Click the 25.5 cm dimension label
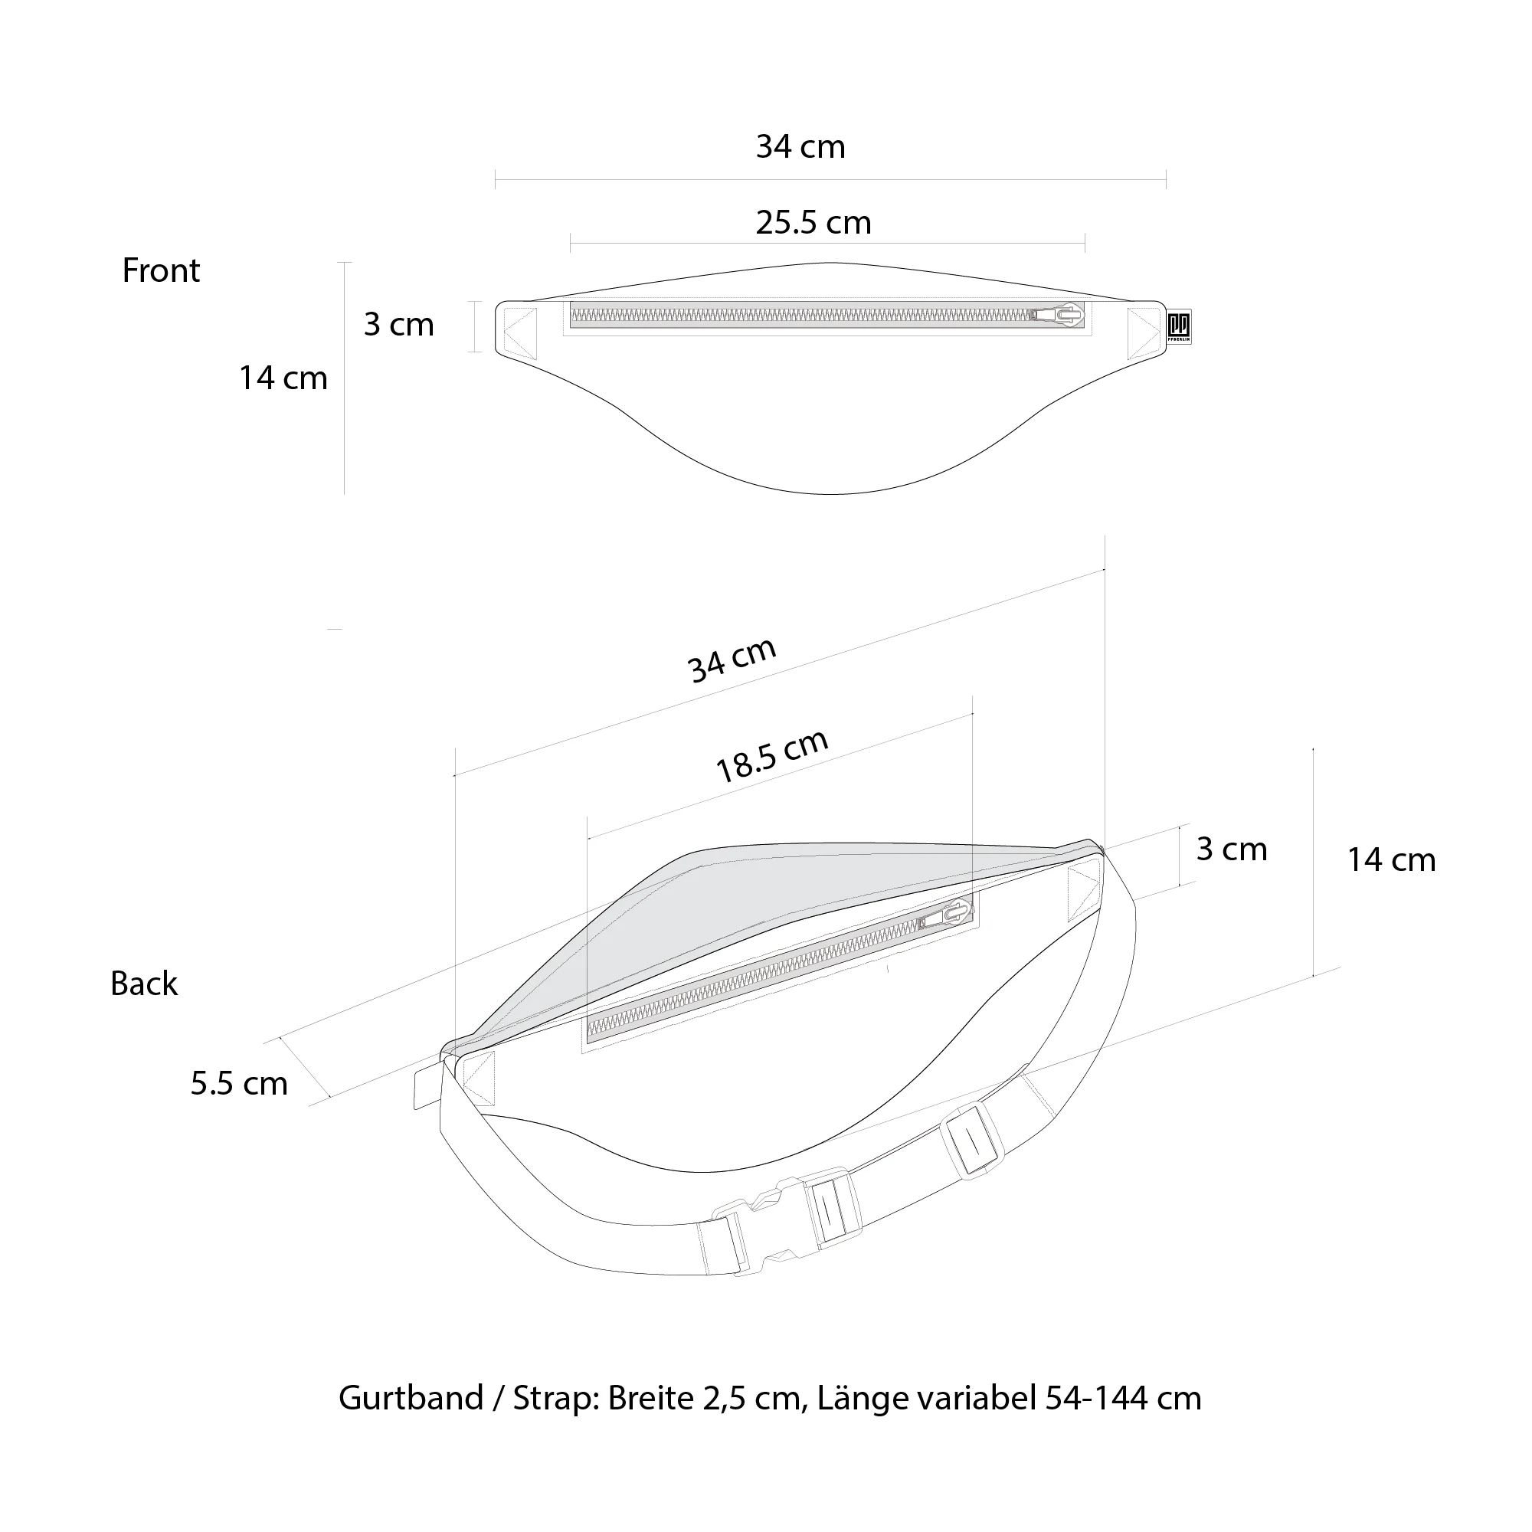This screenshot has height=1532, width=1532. click(x=813, y=223)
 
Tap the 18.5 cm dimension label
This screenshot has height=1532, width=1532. click(x=771, y=756)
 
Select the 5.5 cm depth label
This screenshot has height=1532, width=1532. click(x=239, y=1083)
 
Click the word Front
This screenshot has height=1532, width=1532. click(x=161, y=271)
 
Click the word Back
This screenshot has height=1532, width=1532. click(x=143, y=984)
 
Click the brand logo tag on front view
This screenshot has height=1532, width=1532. click(x=1179, y=326)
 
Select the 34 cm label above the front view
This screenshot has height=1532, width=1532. click(x=800, y=148)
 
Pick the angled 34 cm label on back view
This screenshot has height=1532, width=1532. click(x=731, y=660)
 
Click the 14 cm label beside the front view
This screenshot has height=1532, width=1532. click(x=283, y=378)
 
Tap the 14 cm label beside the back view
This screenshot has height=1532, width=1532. click(x=1391, y=860)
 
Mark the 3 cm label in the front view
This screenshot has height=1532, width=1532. click(x=399, y=325)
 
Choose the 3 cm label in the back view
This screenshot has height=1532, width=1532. click(x=1231, y=849)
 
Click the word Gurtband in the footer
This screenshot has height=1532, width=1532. click(x=410, y=1398)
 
